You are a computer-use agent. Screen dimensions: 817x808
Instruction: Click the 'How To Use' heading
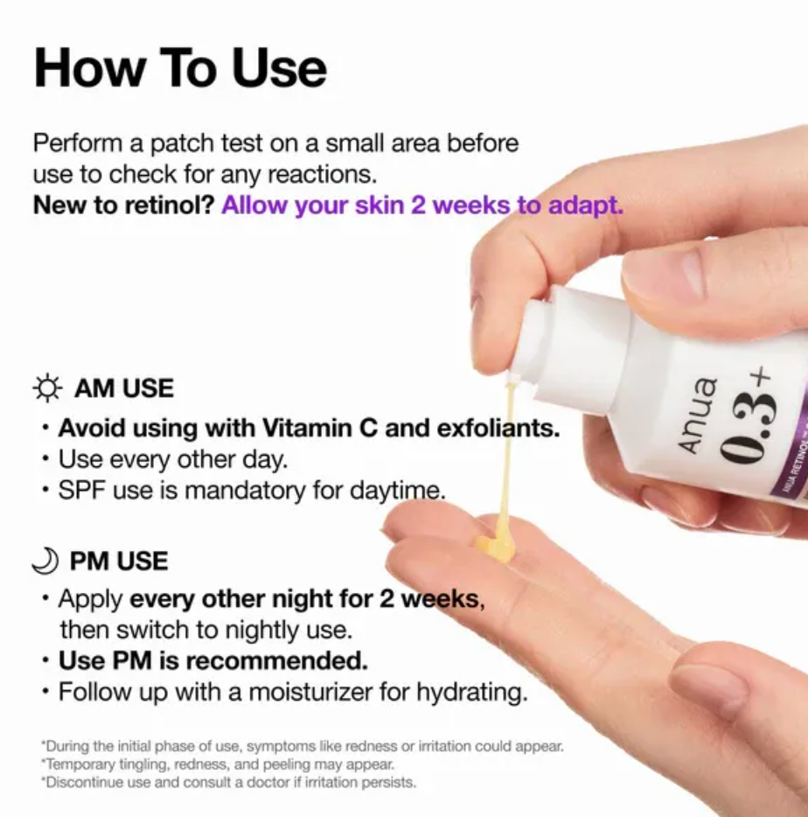(180, 67)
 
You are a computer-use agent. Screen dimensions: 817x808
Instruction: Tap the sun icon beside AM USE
(48, 388)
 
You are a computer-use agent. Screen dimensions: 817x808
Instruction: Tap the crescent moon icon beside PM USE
(46, 561)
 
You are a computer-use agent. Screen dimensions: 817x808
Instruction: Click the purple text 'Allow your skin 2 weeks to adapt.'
(422, 206)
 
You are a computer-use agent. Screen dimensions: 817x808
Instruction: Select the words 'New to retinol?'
(123, 206)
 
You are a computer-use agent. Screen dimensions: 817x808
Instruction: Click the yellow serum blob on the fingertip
(496, 542)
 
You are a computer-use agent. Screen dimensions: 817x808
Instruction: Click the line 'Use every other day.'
(172, 459)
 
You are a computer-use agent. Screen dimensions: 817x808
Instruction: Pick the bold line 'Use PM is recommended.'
(212, 660)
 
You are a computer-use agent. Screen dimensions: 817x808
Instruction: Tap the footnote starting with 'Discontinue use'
(228, 781)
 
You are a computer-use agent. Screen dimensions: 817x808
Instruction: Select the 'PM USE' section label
(119, 561)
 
